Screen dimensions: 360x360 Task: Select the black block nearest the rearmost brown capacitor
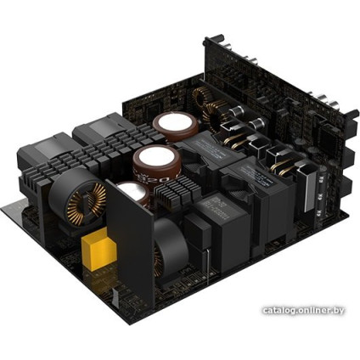[98, 135]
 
